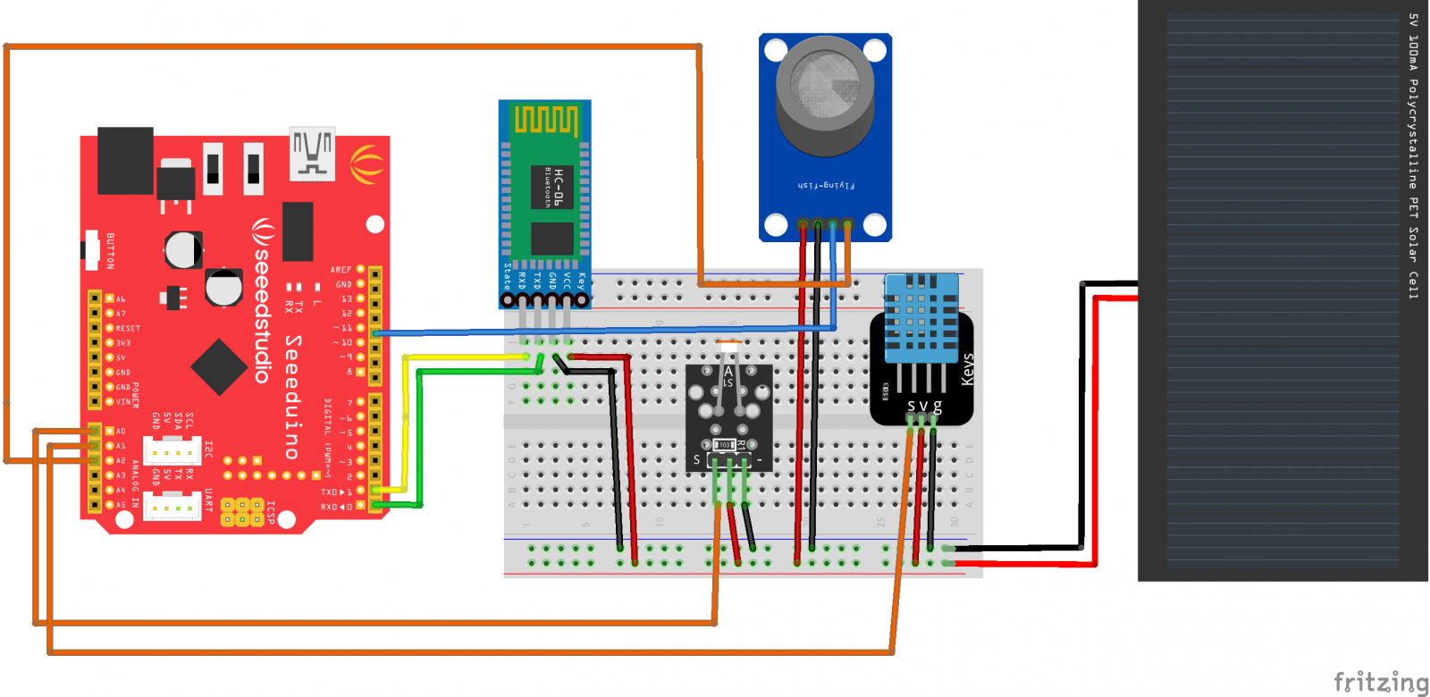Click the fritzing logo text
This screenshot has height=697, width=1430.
click(1380, 683)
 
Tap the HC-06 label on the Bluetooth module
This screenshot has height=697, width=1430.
click(559, 187)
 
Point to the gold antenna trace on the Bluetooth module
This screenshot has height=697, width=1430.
click(544, 120)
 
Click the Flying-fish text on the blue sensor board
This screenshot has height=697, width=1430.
click(826, 186)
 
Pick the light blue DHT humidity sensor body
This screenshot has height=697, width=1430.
click(921, 318)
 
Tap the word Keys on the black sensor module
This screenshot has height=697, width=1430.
click(967, 370)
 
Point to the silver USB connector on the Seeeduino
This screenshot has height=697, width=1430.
click(312, 154)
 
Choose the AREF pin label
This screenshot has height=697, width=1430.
click(341, 270)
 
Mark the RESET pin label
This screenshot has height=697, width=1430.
click(128, 329)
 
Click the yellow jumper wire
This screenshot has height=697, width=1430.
click(406, 420)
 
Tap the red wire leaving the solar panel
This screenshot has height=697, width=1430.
click(1094, 429)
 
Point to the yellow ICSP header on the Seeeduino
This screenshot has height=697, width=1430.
click(242, 511)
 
